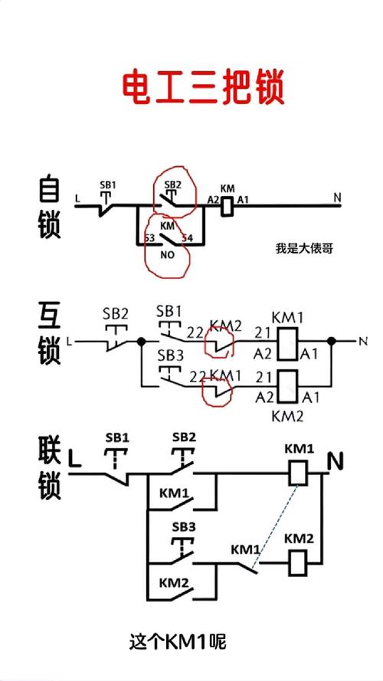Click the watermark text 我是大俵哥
304,248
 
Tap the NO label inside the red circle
167,254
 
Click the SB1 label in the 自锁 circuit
109,185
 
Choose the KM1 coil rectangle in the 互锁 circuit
286,345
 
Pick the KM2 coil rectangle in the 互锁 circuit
286,386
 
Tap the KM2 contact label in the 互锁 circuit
226,325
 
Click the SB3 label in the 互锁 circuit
169,356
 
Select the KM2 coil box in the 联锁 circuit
298,564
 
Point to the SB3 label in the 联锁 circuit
183,527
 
